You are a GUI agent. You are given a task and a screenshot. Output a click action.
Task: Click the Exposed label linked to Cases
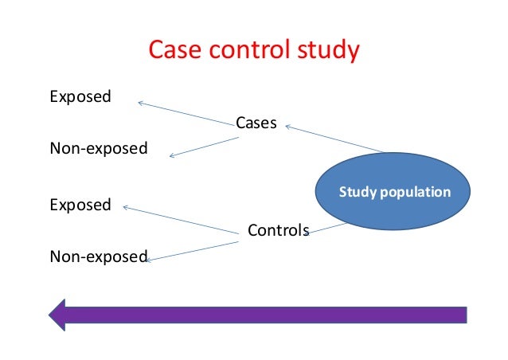coord(80,97)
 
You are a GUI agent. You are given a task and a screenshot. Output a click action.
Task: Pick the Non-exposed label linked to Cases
coord(98,148)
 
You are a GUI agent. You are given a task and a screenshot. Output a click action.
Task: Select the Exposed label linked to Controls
coord(80,205)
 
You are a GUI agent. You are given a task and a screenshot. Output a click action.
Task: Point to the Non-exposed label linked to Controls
coord(98,256)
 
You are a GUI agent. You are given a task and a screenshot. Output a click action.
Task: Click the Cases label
coord(256,123)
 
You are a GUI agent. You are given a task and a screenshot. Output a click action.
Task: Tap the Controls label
coord(278,231)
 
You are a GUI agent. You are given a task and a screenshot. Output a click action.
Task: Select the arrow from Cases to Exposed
coord(187,112)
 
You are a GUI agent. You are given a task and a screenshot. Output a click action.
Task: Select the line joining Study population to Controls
coord(328,228)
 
